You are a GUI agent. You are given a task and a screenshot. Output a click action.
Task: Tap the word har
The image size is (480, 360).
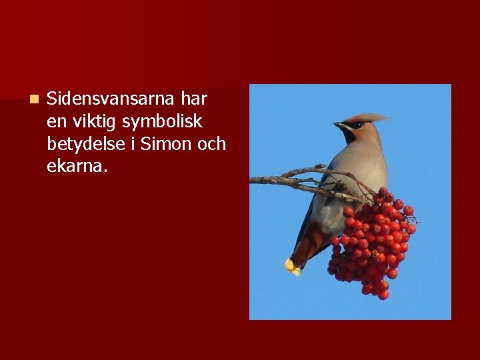tap(194, 99)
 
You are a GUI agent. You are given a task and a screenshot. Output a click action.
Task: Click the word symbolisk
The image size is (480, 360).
tap(162, 122)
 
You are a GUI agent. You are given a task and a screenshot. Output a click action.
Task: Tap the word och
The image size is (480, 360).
tap(213, 144)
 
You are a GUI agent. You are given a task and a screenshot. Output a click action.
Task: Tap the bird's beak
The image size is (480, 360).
tap(339, 124)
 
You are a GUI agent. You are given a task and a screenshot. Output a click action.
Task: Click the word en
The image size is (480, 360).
tap(56, 122)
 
